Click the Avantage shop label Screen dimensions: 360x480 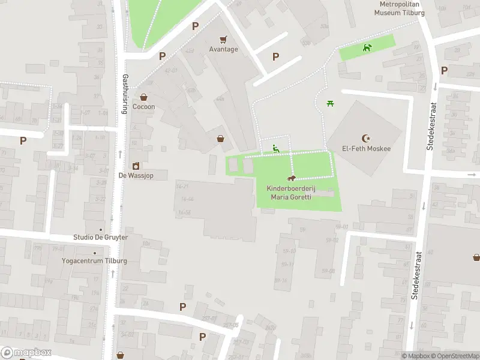[x=223, y=49]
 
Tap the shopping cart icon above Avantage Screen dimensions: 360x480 [x=223, y=39]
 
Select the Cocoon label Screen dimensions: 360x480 [x=144, y=107]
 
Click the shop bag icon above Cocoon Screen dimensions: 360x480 [x=144, y=97]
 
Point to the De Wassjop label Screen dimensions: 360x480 [x=136, y=176]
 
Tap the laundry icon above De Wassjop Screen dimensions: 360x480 [x=136, y=166]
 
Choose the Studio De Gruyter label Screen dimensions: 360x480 [x=100, y=238]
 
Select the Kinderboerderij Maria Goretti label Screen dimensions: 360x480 [x=291, y=193]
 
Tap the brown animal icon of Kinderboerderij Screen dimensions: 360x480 [x=292, y=178]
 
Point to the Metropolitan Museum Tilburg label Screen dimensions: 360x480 [x=400, y=8]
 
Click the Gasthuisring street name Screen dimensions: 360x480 [x=125, y=93]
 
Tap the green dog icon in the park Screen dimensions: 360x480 [x=367, y=47]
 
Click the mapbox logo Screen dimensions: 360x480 [x=26, y=353]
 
